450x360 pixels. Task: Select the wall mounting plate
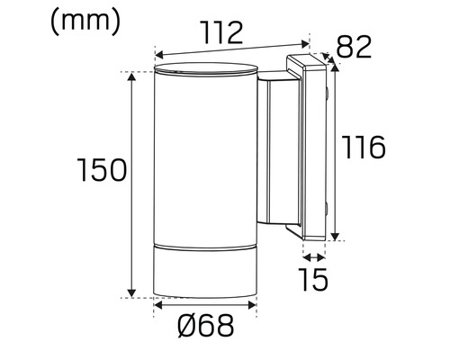pos(312,148)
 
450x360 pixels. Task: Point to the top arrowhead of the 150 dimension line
pos(133,76)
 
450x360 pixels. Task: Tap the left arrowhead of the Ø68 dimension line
pos(158,307)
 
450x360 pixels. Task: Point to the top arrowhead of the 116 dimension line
pos(336,64)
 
